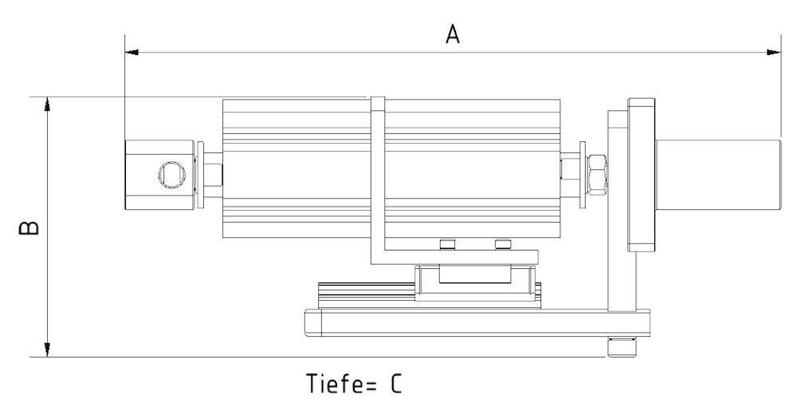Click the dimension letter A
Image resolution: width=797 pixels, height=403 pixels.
coord(453,35)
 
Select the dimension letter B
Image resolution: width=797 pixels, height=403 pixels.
coord(29,228)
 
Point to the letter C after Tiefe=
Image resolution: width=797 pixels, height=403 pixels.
coord(396,384)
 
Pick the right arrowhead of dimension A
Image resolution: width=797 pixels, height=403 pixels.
coord(774,53)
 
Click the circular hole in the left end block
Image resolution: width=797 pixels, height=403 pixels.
coord(171,173)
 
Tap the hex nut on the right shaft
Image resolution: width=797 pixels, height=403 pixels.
coord(597,173)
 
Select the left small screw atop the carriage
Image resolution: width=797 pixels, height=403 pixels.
coord(446,243)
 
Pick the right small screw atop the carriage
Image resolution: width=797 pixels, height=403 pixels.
coord(501,243)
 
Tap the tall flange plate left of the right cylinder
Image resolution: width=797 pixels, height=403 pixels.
coord(641,173)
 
